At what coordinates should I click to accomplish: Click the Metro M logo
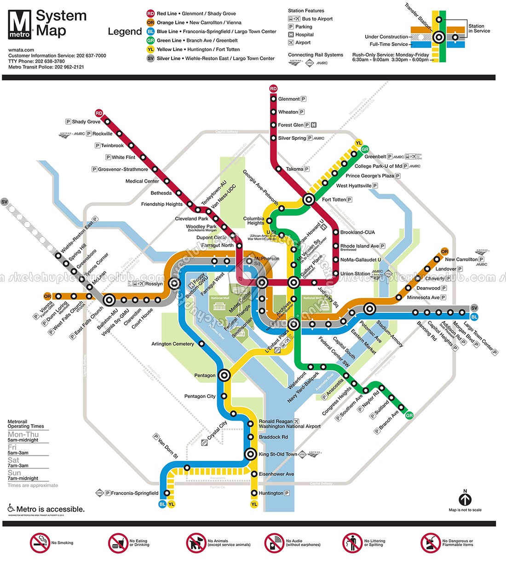[x=20, y=24]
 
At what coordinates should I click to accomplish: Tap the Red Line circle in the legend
[x=150, y=14]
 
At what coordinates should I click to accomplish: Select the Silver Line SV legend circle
[x=150, y=58]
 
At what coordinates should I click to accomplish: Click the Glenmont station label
[x=289, y=99]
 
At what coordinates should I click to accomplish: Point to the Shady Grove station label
[x=86, y=122]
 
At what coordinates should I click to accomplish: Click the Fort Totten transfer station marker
[x=309, y=200]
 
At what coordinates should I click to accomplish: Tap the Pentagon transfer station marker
[x=224, y=375]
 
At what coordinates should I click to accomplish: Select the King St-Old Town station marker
[x=250, y=454]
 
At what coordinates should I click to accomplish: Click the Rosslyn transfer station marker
[x=174, y=283]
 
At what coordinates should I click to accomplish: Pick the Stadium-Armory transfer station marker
[x=369, y=309]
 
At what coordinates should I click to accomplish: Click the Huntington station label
[x=271, y=493]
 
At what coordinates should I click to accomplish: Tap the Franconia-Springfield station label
[x=135, y=493]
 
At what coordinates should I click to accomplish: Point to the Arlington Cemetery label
[x=173, y=344]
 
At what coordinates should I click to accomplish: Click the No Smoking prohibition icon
[x=40, y=543]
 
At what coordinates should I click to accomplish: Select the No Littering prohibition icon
[x=352, y=543]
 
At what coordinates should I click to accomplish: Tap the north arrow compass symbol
[x=465, y=499]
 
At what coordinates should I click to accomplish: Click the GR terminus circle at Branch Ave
[x=409, y=415]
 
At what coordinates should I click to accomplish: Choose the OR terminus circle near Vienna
[x=47, y=296]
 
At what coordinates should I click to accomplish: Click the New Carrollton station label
[x=461, y=259]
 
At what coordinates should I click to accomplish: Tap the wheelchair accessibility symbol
[x=11, y=508]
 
